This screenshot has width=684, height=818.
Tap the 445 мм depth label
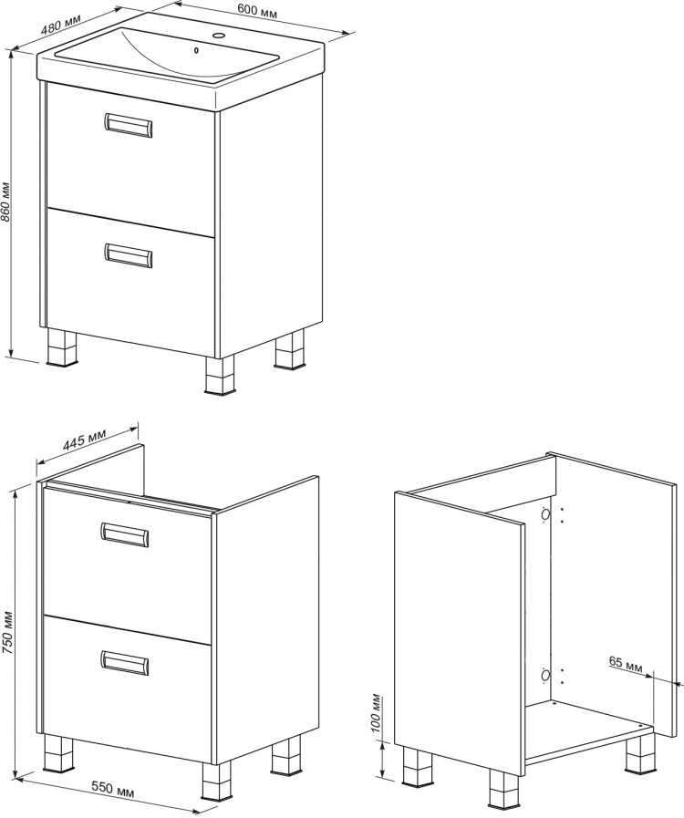[x=85, y=440]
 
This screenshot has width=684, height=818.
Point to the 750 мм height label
[x=5, y=631]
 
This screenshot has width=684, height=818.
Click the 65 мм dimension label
[x=625, y=664]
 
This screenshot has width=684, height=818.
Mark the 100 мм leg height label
[x=378, y=712]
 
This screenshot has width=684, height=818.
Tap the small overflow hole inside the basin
[x=196, y=50]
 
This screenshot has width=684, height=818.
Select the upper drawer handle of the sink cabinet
[x=128, y=125]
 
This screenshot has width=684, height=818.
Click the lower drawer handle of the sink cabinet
[x=128, y=255]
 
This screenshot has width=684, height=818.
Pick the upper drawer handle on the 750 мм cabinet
[x=124, y=534]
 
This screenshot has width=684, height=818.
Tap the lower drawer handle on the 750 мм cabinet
[x=124, y=663]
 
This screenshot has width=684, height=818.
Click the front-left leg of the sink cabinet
[x=61, y=347]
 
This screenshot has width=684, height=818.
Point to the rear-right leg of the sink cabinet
[x=290, y=349]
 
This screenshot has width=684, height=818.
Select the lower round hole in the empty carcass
[x=545, y=677]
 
